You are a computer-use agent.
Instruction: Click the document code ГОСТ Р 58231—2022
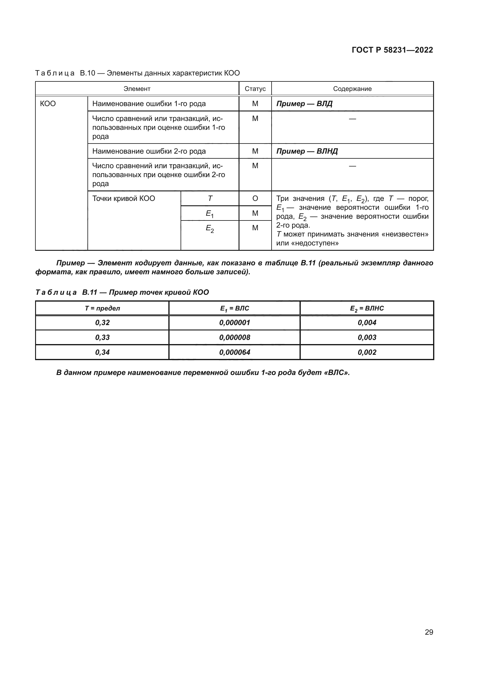click(392, 50)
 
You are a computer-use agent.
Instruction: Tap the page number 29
click(429, 632)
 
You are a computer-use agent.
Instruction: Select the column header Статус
click(255, 89)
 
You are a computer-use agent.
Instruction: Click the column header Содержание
click(352, 89)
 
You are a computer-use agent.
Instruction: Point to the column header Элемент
click(137, 89)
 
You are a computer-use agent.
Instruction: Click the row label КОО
click(48, 104)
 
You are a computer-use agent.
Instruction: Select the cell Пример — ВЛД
click(304, 104)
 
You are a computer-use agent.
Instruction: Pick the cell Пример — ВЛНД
click(307, 151)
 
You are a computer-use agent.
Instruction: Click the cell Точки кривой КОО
click(124, 198)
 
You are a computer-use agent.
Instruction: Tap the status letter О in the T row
click(255, 198)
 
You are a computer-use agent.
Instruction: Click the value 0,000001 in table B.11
click(234, 323)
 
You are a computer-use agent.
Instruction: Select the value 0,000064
click(234, 352)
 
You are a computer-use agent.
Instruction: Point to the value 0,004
click(367, 323)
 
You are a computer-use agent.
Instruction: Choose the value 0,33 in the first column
click(102, 338)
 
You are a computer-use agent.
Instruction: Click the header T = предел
click(102, 308)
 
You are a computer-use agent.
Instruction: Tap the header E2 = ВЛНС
click(367, 308)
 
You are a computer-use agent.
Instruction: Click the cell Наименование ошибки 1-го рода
click(149, 104)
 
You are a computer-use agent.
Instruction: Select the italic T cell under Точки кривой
click(210, 198)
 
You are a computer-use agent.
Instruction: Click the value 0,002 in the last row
click(367, 352)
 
